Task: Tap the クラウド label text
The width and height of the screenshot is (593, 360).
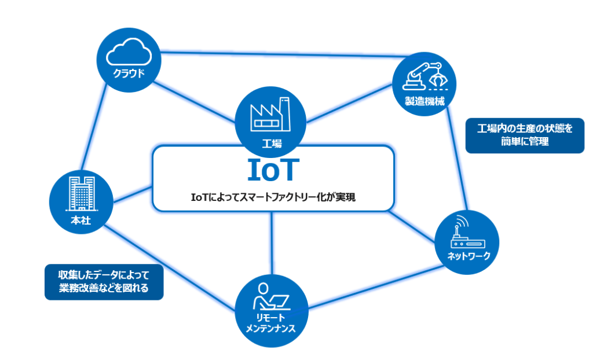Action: [x=129, y=74]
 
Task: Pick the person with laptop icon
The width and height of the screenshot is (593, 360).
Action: [x=270, y=296]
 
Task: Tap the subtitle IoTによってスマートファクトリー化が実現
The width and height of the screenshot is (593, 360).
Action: [x=273, y=197]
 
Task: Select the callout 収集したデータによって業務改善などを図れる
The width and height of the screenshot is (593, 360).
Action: [x=104, y=282]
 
